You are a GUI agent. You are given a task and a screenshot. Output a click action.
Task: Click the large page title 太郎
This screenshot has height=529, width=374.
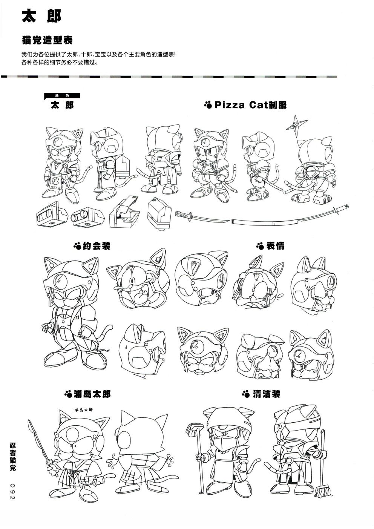pyautogui.click(x=41, y=16)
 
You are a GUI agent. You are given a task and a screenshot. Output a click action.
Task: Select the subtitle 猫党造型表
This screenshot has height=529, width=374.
pyautogui.click(x=47, y=40)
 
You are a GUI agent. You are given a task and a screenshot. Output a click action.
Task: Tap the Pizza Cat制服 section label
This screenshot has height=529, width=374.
pyautogui.click(x=245, y=105)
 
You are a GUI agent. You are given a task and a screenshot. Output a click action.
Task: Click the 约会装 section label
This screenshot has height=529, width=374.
pyautogui.click(x=92, y=247)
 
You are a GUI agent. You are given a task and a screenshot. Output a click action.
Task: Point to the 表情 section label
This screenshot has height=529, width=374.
pyautogui.click(x=270, y=246)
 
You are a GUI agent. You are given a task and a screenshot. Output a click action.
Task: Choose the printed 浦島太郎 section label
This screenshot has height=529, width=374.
pyautogui.click(x=87, y=394)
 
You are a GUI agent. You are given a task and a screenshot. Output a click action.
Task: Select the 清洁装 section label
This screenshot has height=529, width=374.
pyautogui.click(x=261, y=394)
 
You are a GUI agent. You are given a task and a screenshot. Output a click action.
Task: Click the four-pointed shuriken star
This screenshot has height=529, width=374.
pyautogui.click(x=297, y=126)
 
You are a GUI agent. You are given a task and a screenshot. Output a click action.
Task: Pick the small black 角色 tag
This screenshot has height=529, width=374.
pyautogui.click(x=62, y=96)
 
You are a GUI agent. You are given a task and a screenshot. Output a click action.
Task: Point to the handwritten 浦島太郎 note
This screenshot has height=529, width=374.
pyautogui.click(x=83, y=409)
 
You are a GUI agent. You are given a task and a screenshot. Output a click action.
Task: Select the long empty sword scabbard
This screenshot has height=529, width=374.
pyautogui.click(x=290, y=215)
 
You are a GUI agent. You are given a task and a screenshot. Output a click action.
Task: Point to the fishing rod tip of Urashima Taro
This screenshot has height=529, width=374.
pyautogui.click(x=29, y=420)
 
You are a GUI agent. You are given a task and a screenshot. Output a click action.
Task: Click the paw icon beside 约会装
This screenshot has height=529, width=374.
pyautogui.click(x=77, y=247)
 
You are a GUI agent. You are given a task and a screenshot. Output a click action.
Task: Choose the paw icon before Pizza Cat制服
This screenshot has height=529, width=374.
pyautogui.click(x=208, y=105)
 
